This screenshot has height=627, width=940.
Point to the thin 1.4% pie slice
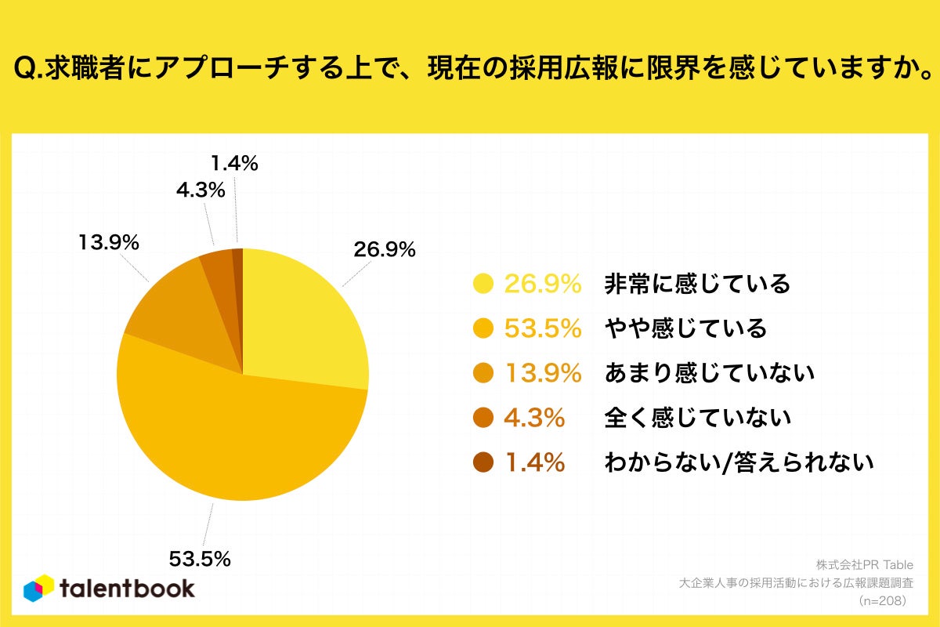coord(238,274)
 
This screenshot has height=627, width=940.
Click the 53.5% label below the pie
coord(200,559)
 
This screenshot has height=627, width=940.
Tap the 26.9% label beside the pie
coord(385,250)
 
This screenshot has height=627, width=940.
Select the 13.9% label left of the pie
coord(108,243)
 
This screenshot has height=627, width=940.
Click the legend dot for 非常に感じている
coord(483,284)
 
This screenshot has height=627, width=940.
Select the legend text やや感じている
coord(685,328)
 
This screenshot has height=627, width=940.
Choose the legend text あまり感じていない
coord(710,373)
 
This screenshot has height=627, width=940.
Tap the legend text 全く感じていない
coord(697,418)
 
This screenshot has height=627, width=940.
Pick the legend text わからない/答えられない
coord(739,462)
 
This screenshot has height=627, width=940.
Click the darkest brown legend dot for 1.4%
coord(483,462)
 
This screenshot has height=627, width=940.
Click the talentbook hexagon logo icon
coord(38,589)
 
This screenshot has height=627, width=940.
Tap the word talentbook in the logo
coord(127,589)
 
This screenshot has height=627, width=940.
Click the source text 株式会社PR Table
coord(865,564)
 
